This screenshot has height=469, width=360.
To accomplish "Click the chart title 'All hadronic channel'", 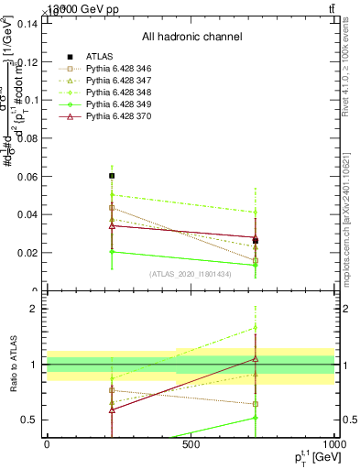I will pos(191,37).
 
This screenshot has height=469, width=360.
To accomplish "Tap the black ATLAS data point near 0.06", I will pos(112,175).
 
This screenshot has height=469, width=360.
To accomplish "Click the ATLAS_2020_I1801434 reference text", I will pos(191,274).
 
